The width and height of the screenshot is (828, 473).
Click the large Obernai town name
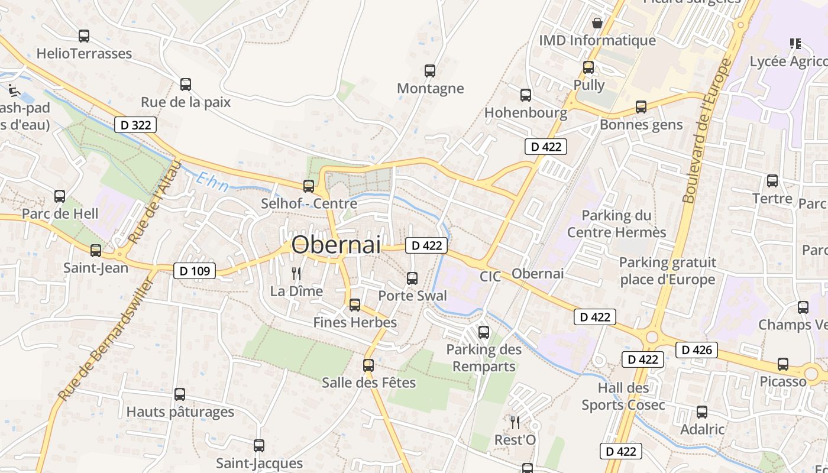(x=336, y=244)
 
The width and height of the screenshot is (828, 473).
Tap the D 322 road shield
(x=135, y=125)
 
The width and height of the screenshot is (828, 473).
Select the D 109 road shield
(x=195, y=271)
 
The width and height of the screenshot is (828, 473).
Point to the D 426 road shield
(x=697, y=350)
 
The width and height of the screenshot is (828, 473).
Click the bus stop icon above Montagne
(x=430, y=71)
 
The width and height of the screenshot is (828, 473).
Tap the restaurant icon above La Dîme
(x=296, y=274)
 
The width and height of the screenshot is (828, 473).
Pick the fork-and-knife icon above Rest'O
(x=515, y=422)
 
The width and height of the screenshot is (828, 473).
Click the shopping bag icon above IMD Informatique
(x=597, y=23)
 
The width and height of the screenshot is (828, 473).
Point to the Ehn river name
(x=212, y=182)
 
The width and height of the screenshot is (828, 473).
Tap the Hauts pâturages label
(x=180, y=412)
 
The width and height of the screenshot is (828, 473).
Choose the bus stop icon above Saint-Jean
(x=96, y=251)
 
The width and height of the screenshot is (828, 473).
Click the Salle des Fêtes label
(x=368, y=383)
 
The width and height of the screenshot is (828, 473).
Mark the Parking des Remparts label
(x=484, y=358)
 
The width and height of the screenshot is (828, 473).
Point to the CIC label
(x=490, y=276)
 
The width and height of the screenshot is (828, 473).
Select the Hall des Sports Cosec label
(x=623, y=396)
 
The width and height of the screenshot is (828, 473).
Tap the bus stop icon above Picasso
(x=783, y=364)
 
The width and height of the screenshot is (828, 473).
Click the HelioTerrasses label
(x=84, y=54)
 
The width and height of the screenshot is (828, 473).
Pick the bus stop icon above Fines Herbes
(x=355, y=305)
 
